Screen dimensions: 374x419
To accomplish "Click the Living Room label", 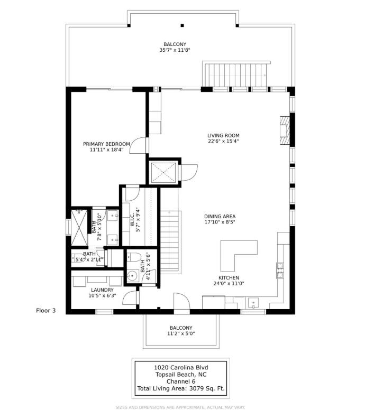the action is (x=223, y=135).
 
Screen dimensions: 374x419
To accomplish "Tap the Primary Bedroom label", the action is (x=106, y=144).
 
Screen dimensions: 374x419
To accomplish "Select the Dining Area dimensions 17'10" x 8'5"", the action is (x=220, y=222).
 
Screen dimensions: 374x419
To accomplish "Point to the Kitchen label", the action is (x=229, y=277).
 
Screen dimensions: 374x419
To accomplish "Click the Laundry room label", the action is (x=102, y=290).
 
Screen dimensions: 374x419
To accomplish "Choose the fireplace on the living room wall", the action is (x=285, y=131).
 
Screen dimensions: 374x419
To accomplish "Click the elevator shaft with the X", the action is (x=163, y=172).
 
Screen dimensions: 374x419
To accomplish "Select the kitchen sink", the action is (x=253, y=303).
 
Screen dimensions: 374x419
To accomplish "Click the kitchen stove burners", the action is (x=280, y=271).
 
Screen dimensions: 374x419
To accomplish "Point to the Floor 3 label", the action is (x=45, y=311).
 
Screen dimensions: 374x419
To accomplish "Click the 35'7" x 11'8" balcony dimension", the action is (x=175, y=50).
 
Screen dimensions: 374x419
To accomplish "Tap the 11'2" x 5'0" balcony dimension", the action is (x=181, y=333).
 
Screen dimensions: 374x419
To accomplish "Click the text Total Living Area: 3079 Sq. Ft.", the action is (x=181, y=388).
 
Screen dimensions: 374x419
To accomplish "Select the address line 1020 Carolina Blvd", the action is (x=181, y=367).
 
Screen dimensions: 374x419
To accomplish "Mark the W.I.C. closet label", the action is (x=132, y=220).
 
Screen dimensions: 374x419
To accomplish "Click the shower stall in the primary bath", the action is (x=79, y=228).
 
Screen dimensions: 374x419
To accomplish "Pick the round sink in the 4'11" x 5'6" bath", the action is (x=132, y=275).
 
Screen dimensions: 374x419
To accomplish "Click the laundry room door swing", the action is (x=130, y=297).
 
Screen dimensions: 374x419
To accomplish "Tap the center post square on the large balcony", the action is (x=183, y=26).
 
